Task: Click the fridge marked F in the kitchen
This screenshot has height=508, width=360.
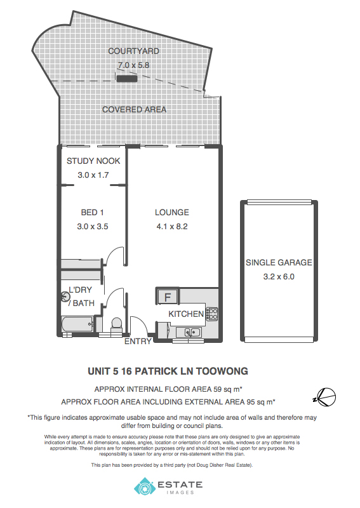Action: tap(167, 296)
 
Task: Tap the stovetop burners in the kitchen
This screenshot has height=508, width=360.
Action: tap(212, 314)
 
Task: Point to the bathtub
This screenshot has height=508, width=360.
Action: tap(77, 324)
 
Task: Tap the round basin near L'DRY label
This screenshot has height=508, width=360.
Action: tap(66, 296)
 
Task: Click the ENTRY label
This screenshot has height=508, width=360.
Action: tap(138, 341)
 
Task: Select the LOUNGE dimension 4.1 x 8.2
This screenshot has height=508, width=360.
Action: tap(172, 227)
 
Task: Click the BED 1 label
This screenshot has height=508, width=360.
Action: tap(92, 213)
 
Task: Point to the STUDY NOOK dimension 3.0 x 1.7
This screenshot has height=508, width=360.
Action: tap(93, 175)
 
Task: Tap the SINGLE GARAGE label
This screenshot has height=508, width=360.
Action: tap(279, 262)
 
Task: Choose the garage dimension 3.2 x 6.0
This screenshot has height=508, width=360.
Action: tap(279, 277)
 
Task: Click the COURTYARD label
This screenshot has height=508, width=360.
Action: tap(133, 51)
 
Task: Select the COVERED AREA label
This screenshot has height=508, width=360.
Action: tap(134, 109)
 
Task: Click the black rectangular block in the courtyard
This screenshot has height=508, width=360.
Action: tap(127, 78)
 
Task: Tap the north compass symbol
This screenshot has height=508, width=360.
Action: tap(326, 398)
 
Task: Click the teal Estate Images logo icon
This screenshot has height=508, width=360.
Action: tap(145, 486)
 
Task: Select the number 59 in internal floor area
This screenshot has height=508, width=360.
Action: tap(218, 389)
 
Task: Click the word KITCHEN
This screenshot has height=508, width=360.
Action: tap(186, 314)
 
